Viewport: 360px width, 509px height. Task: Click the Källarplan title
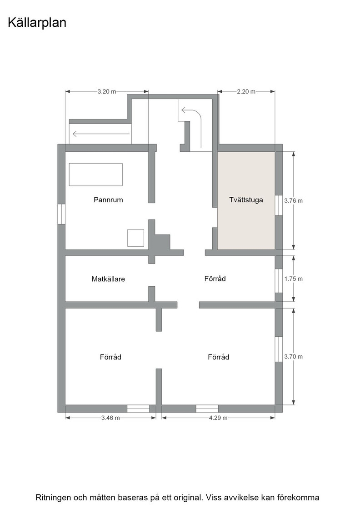tap(37, 23)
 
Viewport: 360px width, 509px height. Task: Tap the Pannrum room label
tap(108, 200)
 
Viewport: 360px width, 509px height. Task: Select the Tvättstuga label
tap(246, 200)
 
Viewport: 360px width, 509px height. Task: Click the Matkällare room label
tap(108, 279)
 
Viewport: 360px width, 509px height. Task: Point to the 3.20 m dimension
tap(107, 91)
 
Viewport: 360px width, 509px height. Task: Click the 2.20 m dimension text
tap(246, 91)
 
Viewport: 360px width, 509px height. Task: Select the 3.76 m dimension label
tap(294, 200)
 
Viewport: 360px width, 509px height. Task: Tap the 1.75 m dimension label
tap(294, 279)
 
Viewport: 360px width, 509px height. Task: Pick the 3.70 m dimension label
tap(294, 356)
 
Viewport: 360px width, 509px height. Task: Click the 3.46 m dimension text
tap(110, 418)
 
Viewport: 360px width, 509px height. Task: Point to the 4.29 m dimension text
tap(218, 418)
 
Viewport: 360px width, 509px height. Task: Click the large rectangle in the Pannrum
tap(96, 175)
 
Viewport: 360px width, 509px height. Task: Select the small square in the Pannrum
tap(136, 238)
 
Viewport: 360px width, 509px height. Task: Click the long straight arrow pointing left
tap(101, 134)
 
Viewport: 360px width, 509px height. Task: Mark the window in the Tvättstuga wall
tap(279, 205)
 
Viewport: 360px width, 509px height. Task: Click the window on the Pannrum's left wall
tap(62, 214)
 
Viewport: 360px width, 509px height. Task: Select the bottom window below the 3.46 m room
tap(138, 409)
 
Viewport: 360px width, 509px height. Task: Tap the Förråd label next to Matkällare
tap(215, 279)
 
